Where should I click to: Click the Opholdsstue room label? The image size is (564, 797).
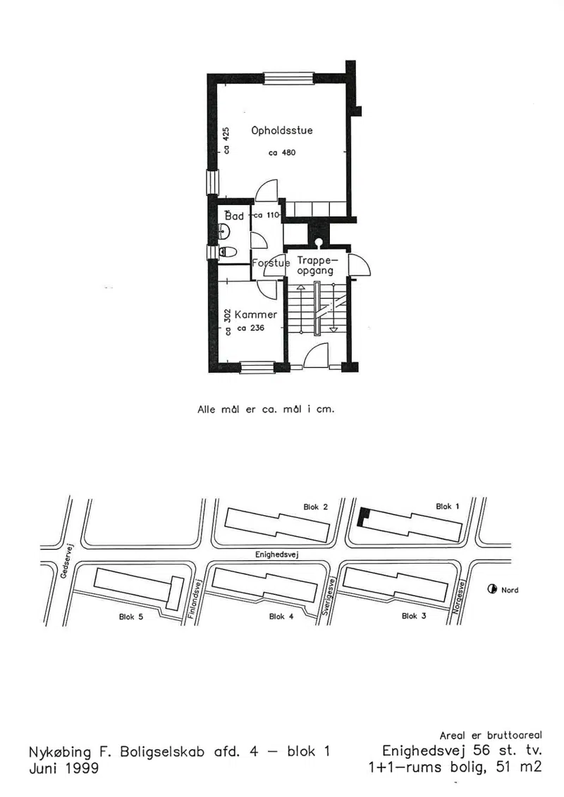pos(282,130)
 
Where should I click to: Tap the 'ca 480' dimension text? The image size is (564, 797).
pos(282,152)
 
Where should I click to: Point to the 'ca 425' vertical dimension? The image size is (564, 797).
pos(226,140)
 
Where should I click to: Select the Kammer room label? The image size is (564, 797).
pos(256,314)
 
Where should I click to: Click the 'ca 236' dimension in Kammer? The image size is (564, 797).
pos(251,328)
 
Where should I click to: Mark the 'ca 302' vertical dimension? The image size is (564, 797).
pos(227,322)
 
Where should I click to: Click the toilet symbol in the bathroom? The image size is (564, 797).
pos(228,252)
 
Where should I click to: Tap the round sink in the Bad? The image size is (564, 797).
pos(224,233)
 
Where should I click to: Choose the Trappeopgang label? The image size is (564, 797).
pos(315,266)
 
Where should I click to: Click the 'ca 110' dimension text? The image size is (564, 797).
pos(266,215)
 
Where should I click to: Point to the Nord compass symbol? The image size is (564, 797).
pos(492,590)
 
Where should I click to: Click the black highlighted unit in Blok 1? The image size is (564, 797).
pos(362,517)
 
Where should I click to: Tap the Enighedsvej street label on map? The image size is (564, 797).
pos(276,554)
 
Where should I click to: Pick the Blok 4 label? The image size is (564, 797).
pos(281,617)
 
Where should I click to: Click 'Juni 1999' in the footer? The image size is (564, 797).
pos(64,767)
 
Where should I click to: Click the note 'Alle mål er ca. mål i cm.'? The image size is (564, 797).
pos(266,409)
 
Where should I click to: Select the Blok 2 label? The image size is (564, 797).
pos(316,507)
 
